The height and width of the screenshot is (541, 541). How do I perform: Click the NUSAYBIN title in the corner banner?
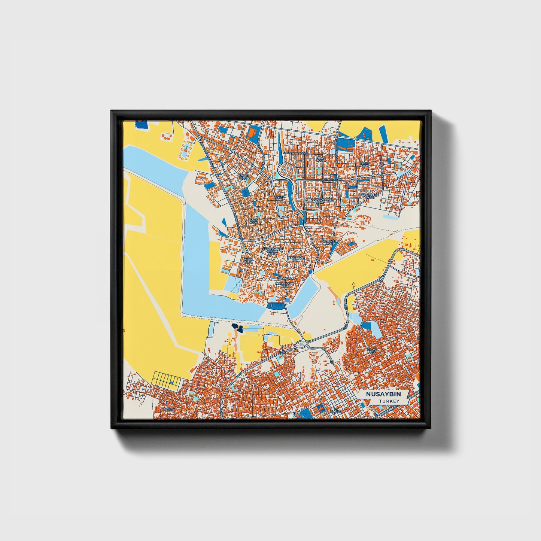coord(383,394)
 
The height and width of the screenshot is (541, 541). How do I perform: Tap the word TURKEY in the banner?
coord(389,401)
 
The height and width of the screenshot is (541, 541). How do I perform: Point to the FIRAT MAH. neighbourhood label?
coord(319,160)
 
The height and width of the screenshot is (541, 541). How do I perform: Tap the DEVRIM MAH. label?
coord(279,198)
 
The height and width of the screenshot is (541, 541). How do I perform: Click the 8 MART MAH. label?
coord(243,176)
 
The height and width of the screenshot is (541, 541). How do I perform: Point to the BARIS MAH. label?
coord(253,221)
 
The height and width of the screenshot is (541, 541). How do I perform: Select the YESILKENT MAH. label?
coord(330,243)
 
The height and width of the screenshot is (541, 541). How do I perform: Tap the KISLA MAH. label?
coord(248,260)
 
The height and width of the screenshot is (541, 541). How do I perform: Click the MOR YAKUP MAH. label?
coord(285,285)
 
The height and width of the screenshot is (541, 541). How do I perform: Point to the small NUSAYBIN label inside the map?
coord(285,278)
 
